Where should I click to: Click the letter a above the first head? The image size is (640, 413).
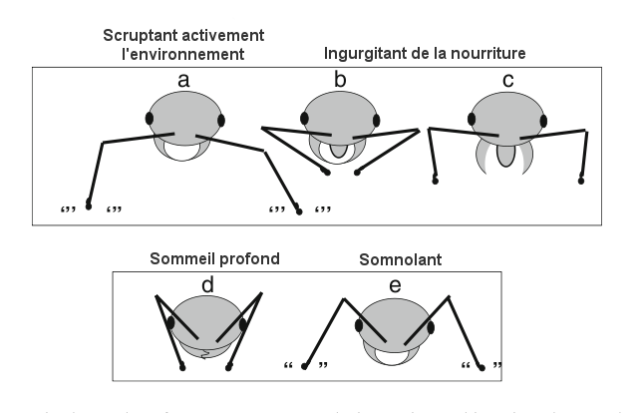tap(184, 79)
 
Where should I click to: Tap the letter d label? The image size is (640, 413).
tap(207, 285)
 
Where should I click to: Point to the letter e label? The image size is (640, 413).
tap(396, 286)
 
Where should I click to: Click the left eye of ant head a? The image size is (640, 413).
tap(150, 119)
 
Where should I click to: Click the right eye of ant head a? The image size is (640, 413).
tap(221, 120)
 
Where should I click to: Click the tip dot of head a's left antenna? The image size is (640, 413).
tap(89, 206)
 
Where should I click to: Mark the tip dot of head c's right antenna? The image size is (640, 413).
tap(581, 181)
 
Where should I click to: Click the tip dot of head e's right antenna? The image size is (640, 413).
tap(482, 367)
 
